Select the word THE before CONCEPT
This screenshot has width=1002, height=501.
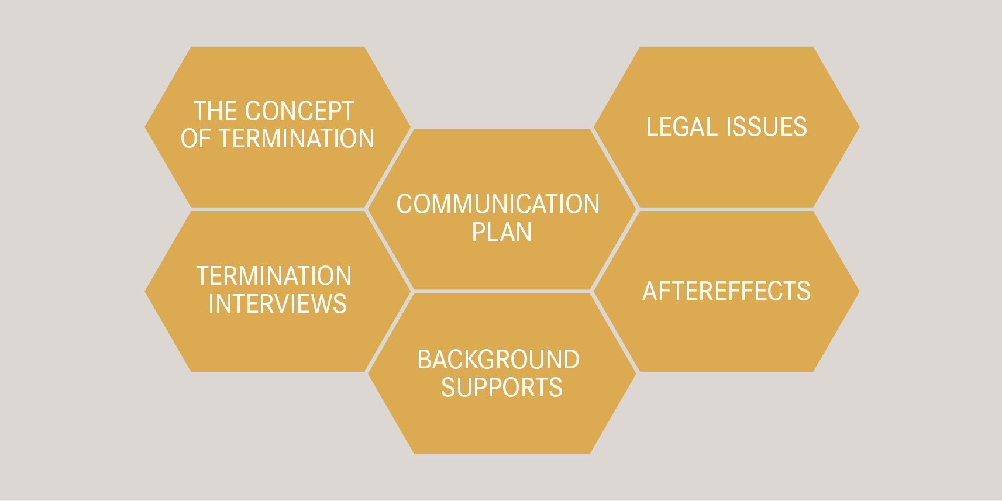click(215, 111)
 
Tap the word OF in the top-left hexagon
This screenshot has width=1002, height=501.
click(195, 139)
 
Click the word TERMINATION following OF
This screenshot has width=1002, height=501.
click(297, 139)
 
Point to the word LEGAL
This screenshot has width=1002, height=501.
click(680, 127)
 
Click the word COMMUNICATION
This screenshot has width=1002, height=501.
click(498, 204)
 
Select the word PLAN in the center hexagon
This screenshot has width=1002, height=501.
click(502, 232)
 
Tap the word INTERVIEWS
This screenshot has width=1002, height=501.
click(277, 304)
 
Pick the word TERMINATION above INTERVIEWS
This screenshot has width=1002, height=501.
click(274, 276)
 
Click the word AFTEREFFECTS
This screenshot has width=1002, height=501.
click(726, 291)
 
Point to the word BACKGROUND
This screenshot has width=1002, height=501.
click(498, 360)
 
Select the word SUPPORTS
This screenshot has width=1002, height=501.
click(502, 388)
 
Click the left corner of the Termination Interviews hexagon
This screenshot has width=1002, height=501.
click(147, 291)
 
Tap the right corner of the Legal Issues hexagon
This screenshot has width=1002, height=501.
click(858, 127)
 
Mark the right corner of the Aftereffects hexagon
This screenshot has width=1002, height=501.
click(858, 291)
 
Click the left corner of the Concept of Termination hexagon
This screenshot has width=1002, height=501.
click(147, 127)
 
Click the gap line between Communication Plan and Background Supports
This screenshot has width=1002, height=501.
click(502, 291)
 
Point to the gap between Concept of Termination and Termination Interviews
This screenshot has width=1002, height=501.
click(277, 209)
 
